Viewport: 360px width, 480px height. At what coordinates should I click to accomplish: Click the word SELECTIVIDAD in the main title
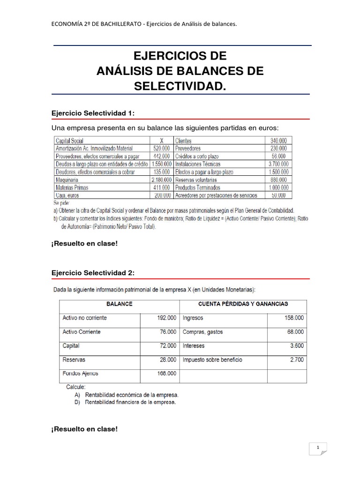tap(180, 86)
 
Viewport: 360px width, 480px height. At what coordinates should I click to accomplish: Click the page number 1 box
tap(318, 449)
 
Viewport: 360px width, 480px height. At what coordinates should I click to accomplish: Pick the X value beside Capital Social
tap(162, 140)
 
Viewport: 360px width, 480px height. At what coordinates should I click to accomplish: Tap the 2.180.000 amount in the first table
tap(161, 180)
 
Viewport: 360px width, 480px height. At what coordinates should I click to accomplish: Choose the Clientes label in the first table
tap(183, 140)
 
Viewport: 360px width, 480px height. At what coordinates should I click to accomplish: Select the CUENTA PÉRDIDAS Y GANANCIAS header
tap(243, 304)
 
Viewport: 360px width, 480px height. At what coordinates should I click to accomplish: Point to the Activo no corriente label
tap(85, 318)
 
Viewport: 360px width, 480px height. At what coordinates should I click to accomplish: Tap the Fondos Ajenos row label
tap(81, 374)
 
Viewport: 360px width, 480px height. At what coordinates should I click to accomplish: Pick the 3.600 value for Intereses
tap(296, 346)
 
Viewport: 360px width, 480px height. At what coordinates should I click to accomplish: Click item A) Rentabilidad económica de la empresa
tap(126, 395)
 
